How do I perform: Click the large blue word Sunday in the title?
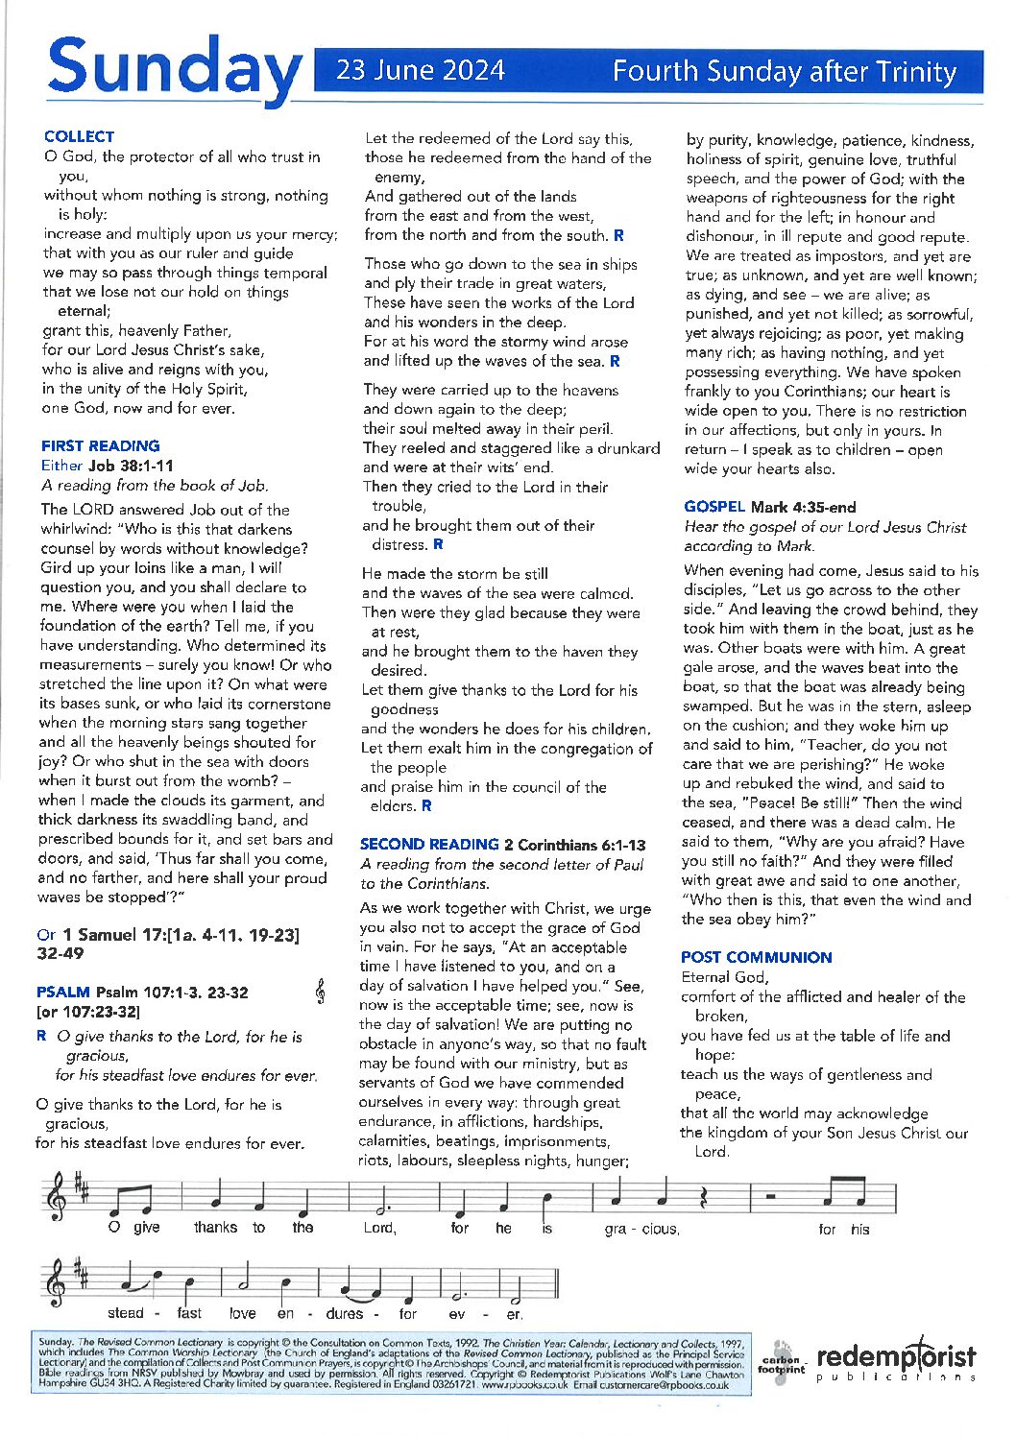(x=173, y=69)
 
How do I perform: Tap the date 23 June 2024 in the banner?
(x=420, y=71)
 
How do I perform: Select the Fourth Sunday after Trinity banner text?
(x=785, y=72)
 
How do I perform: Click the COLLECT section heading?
(x=79, y=136)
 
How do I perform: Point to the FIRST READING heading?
(x=100, y=445)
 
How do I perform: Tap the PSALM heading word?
(x=62, y=992)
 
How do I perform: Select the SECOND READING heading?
(x=428, y=844)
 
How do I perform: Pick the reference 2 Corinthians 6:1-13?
(x=575, y=845)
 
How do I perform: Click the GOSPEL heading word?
(x=714, y=507)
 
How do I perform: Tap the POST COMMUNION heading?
(x=757, y=957)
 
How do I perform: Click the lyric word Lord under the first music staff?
(x=379, y=1228)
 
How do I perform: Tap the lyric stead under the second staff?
(x=126, y=1313)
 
